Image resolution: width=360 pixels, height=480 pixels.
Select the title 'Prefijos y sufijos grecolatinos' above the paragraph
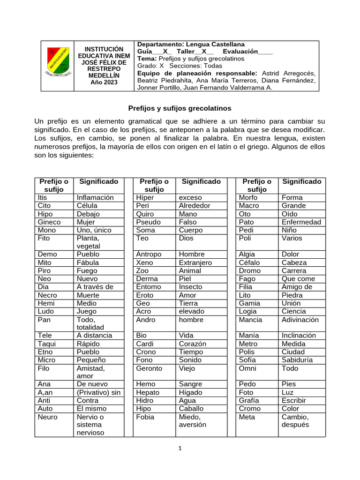point(180,108)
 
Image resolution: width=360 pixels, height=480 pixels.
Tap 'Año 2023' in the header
point(104,82)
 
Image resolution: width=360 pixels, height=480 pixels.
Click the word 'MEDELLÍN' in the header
point(104,75)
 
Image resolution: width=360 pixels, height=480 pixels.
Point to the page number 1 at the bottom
point(180,448)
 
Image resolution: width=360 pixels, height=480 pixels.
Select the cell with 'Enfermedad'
point(301,222)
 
